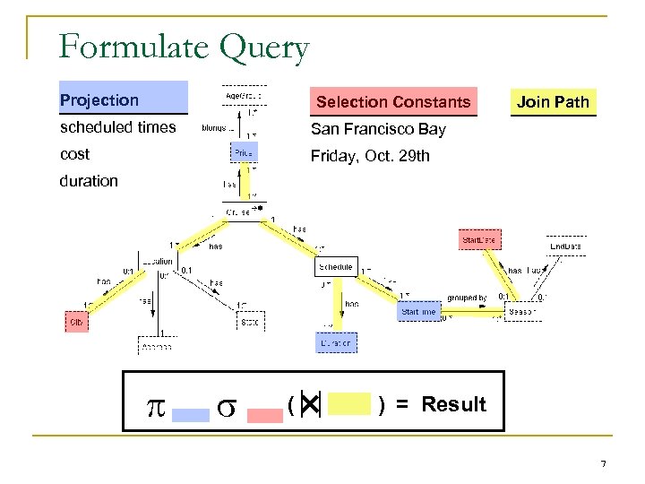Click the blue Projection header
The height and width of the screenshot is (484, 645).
pyautogui.click(x=123, y=99)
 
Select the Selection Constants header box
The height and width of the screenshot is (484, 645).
pyautogui.click(x=392, y=101)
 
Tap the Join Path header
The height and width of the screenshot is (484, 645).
pyautogui.click(x=553, y=101)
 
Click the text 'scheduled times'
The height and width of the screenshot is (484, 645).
pyautogui.click(x=117, y=127)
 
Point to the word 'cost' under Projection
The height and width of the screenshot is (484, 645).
pyautogui.click(x=74, y=154)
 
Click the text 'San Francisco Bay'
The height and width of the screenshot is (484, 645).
pyautogui.click(x=377, y=129)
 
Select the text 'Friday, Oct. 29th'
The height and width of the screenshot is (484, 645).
pyautogui.click(x=370, y=156)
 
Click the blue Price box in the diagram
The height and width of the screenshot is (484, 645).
pyautogui.click(x=244, y=153)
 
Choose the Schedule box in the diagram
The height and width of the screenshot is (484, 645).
pyautogui.click(x=336, y=267)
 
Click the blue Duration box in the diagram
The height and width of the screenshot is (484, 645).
pyautogui.click(x=336, y=342)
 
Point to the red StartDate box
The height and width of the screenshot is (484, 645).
pyautogui.click(x=480, y=240)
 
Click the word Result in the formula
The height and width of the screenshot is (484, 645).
pyautogui.click(x=453, y=404)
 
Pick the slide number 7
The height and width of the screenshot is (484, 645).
pyautogui.click(x=603, y=463)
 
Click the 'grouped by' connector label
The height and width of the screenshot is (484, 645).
pyautogui.click(x=467, y=298)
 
